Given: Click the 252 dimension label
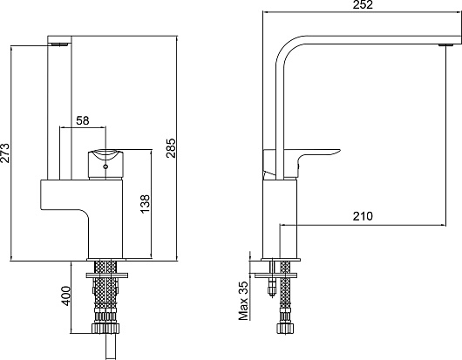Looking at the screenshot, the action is [363, 4].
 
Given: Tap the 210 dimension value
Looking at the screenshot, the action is [363, 216].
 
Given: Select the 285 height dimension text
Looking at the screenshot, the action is [171, 148].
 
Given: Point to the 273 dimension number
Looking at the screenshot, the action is [4, 153].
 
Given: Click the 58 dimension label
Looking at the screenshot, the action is [83, 120].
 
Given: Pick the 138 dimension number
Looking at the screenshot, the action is [145, 204].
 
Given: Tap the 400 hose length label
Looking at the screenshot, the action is [65, 296].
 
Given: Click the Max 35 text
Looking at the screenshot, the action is [243, 301].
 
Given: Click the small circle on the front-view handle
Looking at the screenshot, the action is [105, 167].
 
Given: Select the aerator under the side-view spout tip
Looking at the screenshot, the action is [446, 45].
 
